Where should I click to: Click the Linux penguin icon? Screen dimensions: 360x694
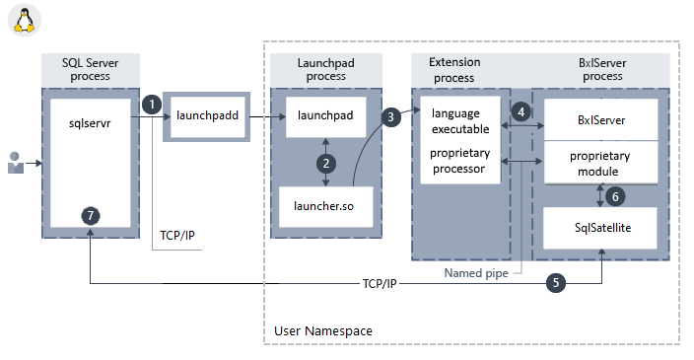click(x=24, y=20)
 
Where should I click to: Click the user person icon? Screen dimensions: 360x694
click(x=16, y=163)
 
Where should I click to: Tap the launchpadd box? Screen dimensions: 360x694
click(x=202, y=116)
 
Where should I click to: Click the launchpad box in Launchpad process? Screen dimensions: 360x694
click(x=325, y=116)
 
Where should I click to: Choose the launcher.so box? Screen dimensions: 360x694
click(x=325, y=205)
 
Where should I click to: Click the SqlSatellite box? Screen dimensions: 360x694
click(x=600, y=229)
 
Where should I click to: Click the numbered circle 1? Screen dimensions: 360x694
click(x=151, y=104)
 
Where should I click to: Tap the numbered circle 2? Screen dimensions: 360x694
click(x=325, y=161)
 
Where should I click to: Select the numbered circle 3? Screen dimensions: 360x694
click(x=391, y=116)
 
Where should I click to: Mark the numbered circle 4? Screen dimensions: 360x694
click(x=521, y=112)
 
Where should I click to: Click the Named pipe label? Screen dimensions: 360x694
click(x=475, y=274)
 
